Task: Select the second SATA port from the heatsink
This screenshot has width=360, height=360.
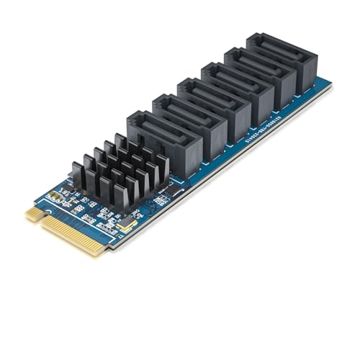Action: pos(189,122)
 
